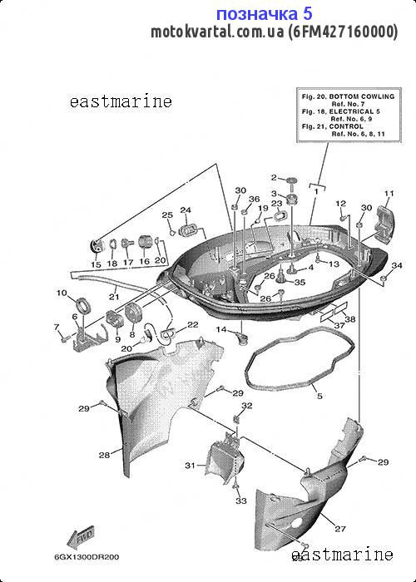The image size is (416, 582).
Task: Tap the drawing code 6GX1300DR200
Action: [x=87, y=557]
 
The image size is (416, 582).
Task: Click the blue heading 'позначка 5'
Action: [x=264, y=14]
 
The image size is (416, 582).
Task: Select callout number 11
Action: [x=389, y=194]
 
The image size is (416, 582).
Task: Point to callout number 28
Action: [x=104, y=455]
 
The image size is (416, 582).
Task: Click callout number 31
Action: [x=191, y=465]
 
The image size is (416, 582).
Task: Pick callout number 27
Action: [x=340, y=529]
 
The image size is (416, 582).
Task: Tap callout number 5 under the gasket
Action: [x=319, y=396]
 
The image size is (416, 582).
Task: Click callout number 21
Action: [x=114, y=297]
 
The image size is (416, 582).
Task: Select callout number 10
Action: [x=62, y=293]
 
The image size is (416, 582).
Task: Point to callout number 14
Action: [x=221, y=329]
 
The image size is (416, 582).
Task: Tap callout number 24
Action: [x=186, y=210]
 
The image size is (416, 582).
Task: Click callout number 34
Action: [x=397, y=265]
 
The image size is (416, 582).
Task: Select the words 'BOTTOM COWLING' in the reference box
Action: [x=362, y=96]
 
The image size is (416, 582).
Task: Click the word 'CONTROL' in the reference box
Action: [x=346, y=126]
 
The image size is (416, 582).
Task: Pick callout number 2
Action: [x=274, y=177]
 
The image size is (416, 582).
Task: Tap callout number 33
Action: [x=241, y=501]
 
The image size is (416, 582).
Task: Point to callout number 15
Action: [x=96, y=264]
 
